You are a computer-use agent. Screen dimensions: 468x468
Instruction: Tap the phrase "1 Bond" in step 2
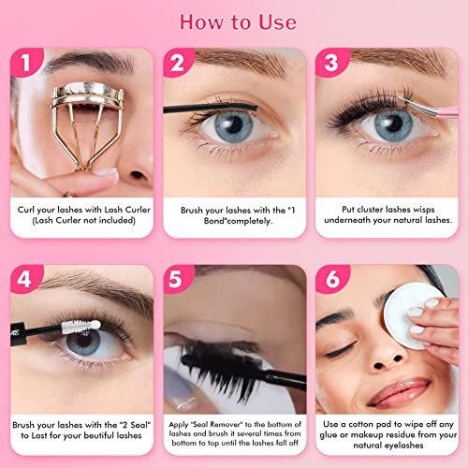[281, 208]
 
